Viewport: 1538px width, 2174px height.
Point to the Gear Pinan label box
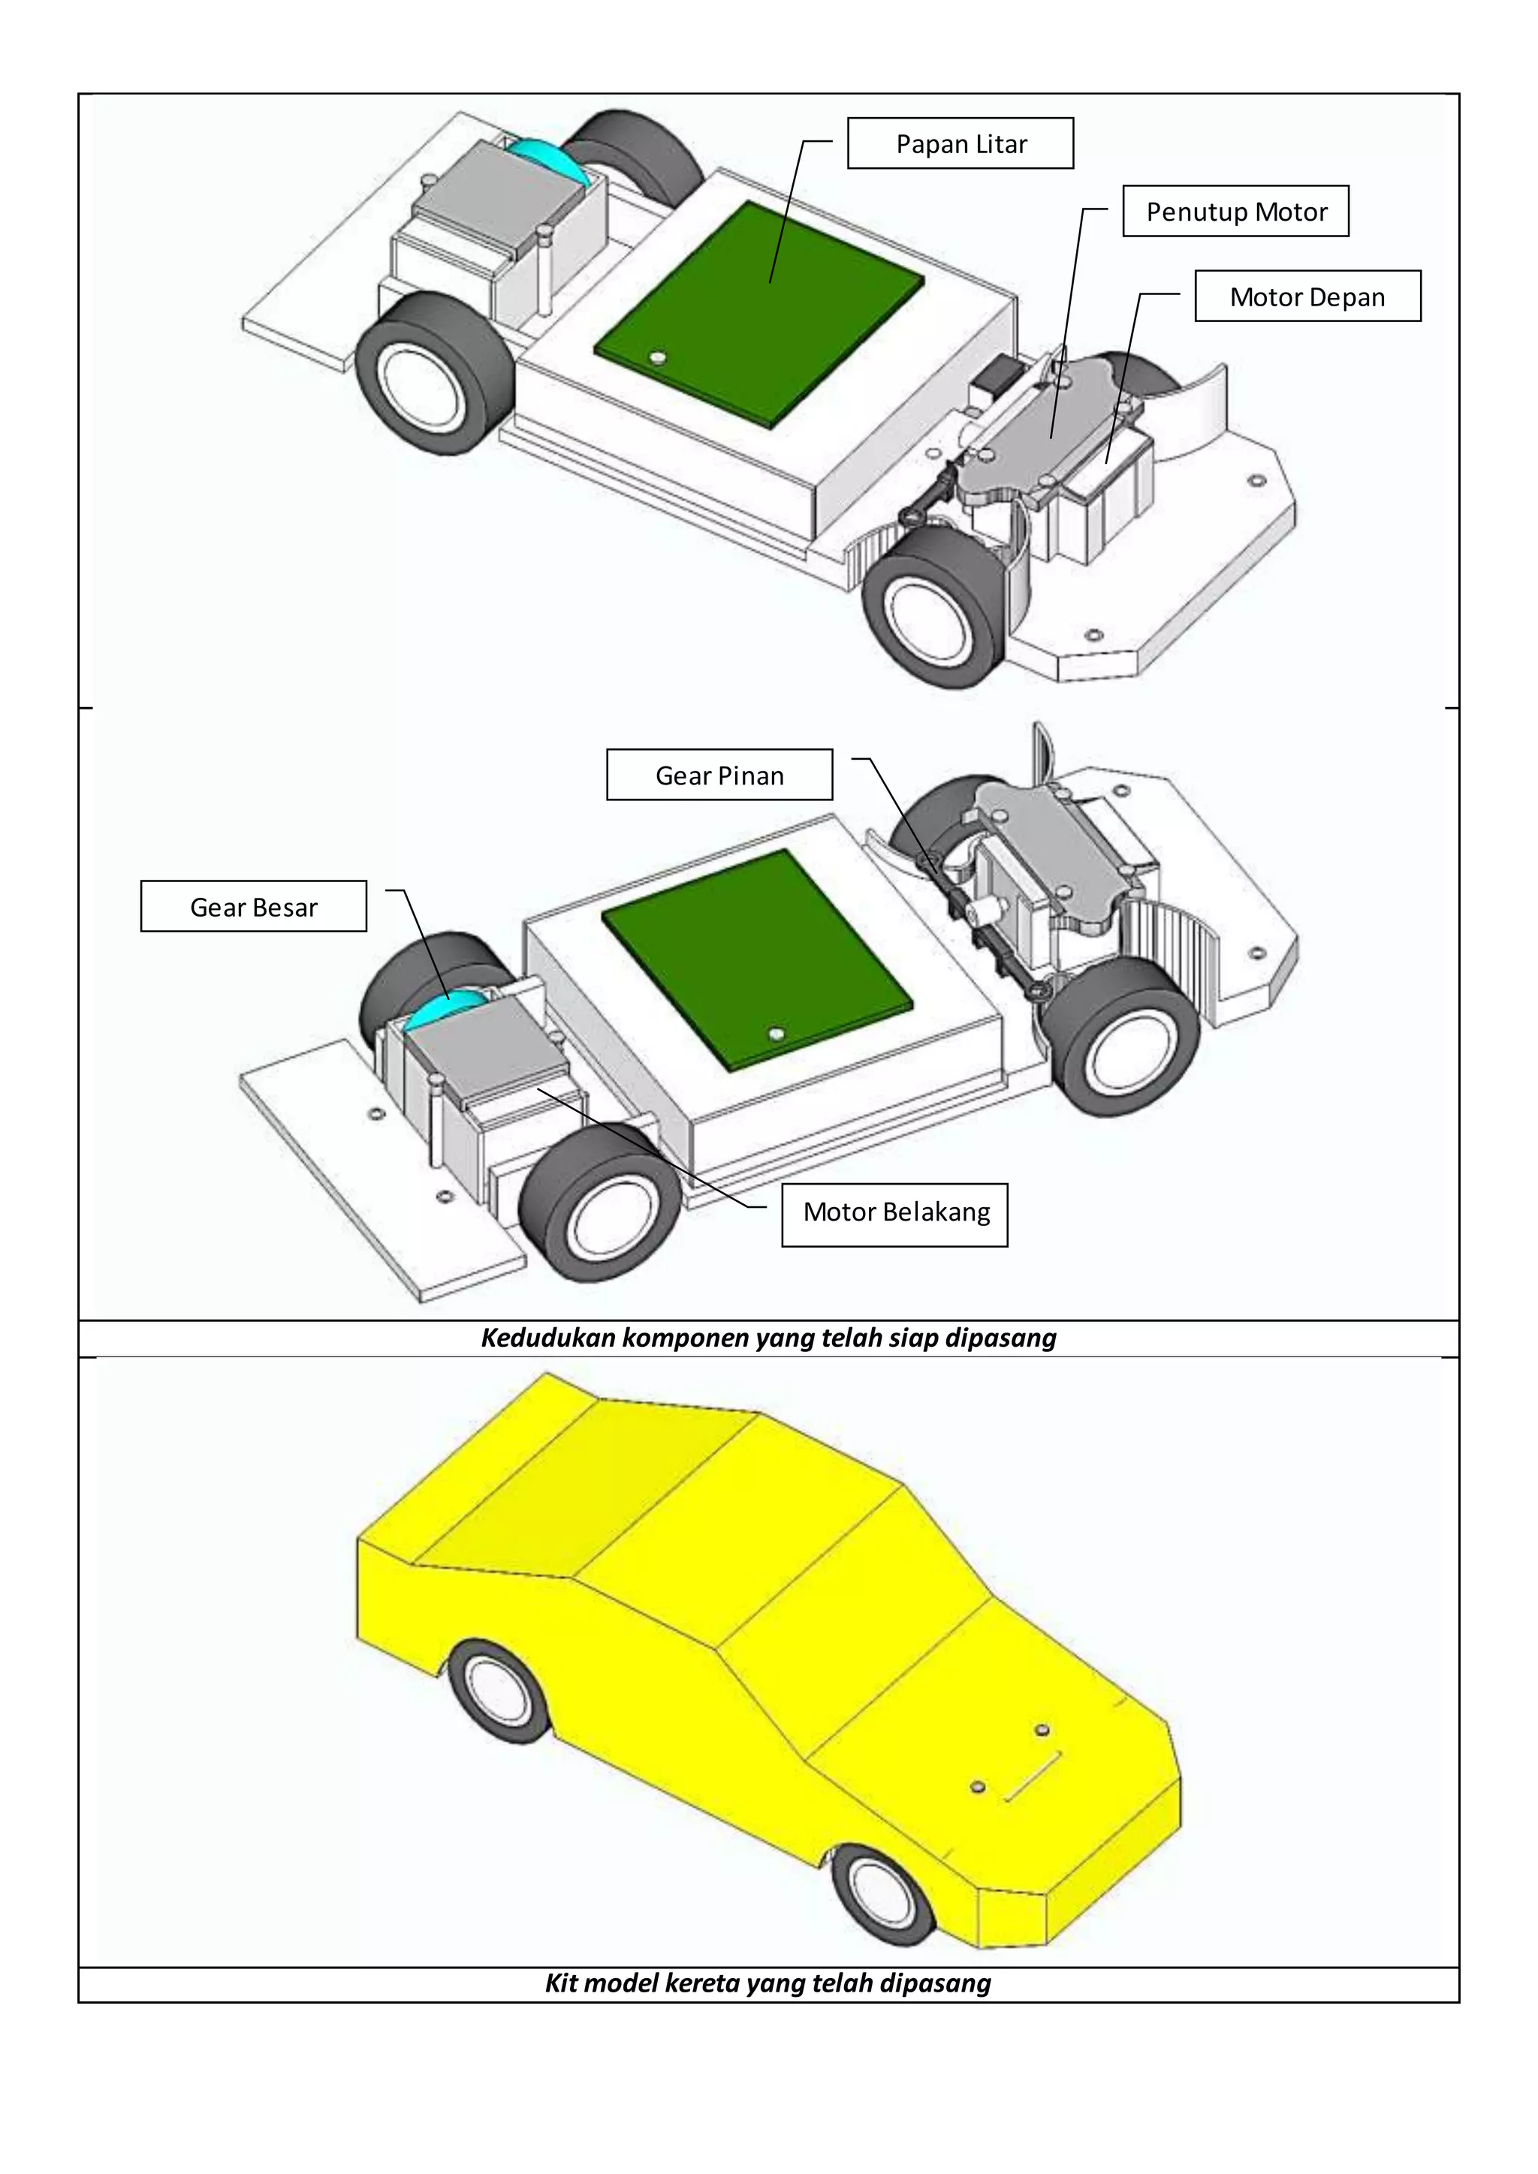tap(719, 775)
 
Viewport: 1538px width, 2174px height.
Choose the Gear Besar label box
tap(253, 907)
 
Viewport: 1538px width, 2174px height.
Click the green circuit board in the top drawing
tap(758, 312)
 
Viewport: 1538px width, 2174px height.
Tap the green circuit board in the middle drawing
tap(758, 956)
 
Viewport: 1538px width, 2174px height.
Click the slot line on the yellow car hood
tap(1033, 1776)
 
